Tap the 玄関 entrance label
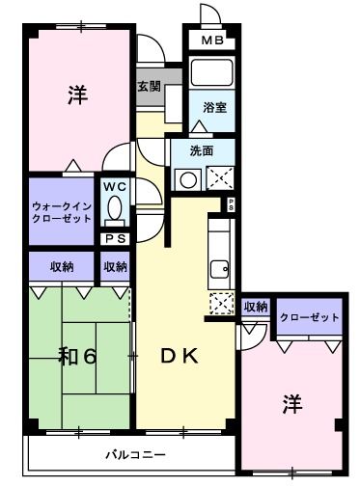[150, 85]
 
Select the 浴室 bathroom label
[214, 107]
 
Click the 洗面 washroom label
[201, 150]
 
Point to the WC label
[115, 185]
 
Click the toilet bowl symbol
[115, 207]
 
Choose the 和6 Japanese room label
[77, 356]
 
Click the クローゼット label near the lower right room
[309, 317]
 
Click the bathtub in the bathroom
[209, 74]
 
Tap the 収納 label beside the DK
[255, 308]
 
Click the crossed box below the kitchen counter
[221, 303]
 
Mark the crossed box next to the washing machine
[218, 178]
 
